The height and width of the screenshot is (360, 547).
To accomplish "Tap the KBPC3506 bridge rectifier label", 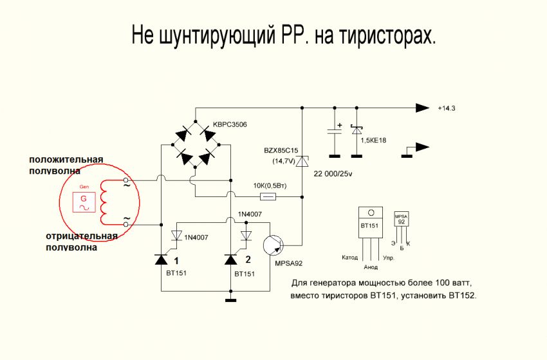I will pyautogui.click(x=230, y=124).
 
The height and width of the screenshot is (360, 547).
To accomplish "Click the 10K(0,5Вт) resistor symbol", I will pyautogui.click(x=267, y=197).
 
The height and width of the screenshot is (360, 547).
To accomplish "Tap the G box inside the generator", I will pyautogui.click(x=83, y=201).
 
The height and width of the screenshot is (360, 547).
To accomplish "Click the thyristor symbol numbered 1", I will pyautogui.click(x=161, y=260).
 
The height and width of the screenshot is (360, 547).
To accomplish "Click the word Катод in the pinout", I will pyautogui.click(x=351, y=258).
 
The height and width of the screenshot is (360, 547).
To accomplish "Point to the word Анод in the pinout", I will pyautogui.click(x=371, y=266).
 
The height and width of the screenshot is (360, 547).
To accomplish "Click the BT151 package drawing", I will pyautogui.click(x=370, y=223).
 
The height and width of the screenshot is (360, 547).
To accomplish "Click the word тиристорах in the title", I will pyautogui.click(x=384, y=35).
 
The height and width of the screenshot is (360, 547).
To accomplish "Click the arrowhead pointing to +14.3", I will pyautogui.click(x=422, y=107).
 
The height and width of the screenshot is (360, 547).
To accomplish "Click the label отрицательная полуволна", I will pyautogui.click(x=81, y=240).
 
